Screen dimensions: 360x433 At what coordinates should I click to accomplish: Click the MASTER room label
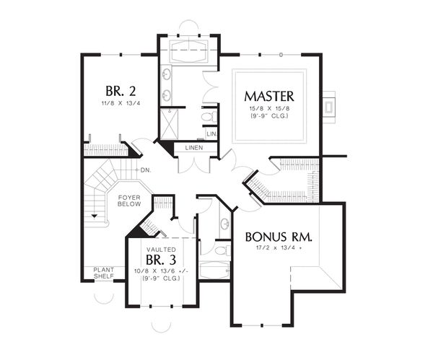(x=268, y=96)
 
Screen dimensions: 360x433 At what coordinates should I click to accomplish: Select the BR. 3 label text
(x=162, y=259)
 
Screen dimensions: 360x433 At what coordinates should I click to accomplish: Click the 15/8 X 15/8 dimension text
(x=268, y=109)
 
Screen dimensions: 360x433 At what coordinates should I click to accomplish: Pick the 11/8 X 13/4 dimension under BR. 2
(x=121, y=104)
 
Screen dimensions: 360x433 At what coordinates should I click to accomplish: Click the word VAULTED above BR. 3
(x=162, y=247)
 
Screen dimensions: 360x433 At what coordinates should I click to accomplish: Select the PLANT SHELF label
(x=103, y=273)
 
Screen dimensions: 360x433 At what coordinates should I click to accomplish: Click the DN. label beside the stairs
(x=145, y=170)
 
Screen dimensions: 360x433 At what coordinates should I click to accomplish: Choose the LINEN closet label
(x=193, y=148)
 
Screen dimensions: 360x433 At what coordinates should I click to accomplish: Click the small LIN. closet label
(x=211, y=134)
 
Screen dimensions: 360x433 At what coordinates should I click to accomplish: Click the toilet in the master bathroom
(x=207, y=116)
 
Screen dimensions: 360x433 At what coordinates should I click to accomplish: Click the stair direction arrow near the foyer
(x=94, y=215)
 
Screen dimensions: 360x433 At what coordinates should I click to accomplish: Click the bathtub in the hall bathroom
(x=214, y=272)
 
